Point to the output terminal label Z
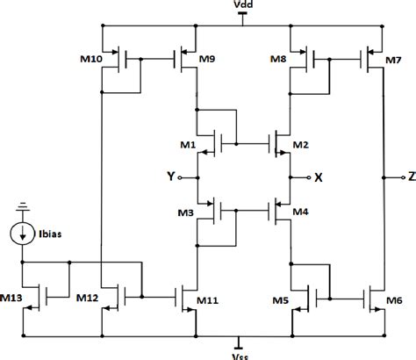[410, 177]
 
